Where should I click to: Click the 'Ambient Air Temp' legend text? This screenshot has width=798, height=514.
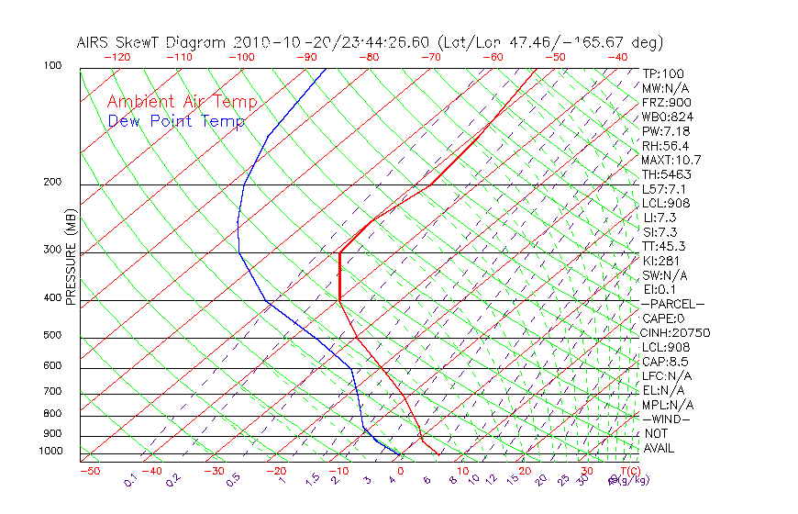tap(182, 102)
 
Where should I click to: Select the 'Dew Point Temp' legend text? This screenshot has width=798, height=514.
tap(176, 121)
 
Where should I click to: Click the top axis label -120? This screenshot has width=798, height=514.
tap(117, 57)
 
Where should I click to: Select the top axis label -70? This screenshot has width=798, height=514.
tap(430, 57)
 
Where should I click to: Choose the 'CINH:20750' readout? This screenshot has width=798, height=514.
tap(676, 332)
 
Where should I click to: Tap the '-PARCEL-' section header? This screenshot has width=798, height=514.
tap(673, 304)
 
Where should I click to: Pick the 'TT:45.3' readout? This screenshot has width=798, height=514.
tap(664, 246)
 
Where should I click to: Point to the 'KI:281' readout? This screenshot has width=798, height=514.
tap(660, 261)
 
